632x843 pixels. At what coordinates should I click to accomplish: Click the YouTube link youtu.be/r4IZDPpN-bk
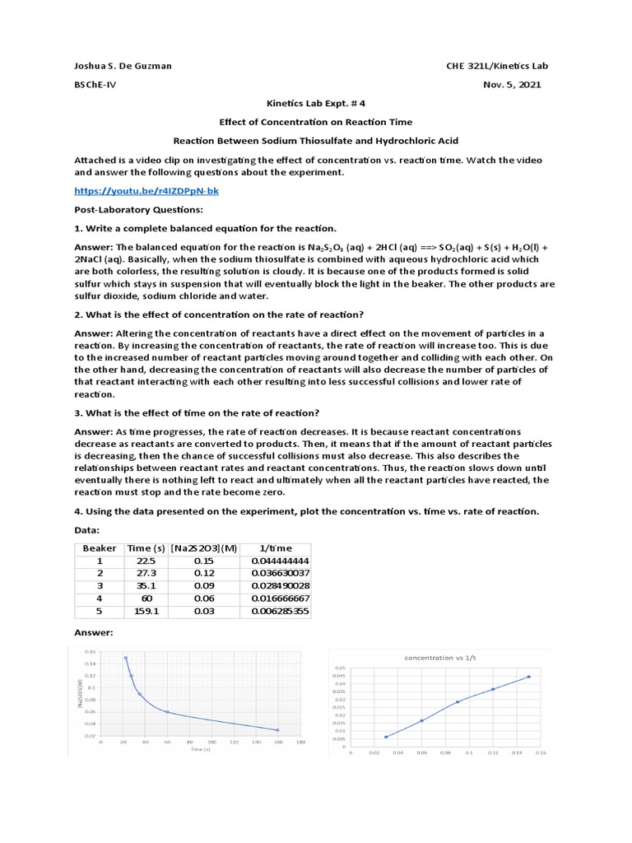click(146, 191)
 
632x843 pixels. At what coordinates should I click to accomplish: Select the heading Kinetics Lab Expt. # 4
click(316, 104)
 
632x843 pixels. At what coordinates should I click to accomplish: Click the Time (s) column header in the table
click(145, 548)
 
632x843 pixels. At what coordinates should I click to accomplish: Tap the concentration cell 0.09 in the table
click(203, 586)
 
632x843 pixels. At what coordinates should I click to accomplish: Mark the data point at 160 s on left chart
click(277, 729)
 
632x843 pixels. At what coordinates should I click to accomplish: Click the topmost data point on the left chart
click(126, 658)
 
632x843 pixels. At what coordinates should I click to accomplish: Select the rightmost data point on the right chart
click(528, 677)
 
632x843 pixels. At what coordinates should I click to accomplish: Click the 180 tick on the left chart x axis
click(300, 743)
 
